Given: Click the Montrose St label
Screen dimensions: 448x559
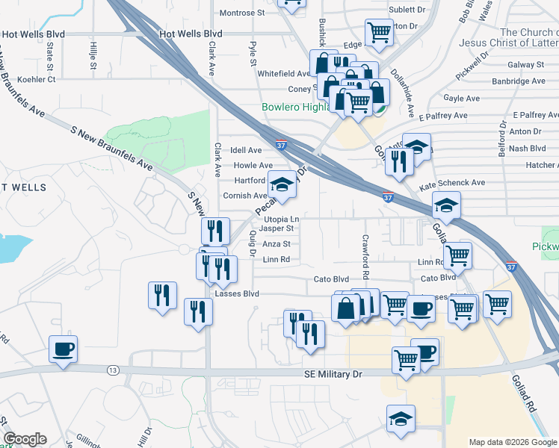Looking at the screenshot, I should pyautogui.click(x=241, y=13).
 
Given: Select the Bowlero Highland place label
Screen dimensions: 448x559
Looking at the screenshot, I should pyautogui.click(x=295, y=108).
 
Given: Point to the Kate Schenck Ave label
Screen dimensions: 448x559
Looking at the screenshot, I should pyautogui.click(x=452, y=182).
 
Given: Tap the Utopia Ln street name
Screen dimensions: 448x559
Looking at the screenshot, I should pyautogui.click(x=280, y=218).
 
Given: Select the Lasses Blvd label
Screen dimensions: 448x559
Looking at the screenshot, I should pyautogui.click(x=236, y=294).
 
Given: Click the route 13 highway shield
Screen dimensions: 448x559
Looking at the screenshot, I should pyautogui.click(x=113, y=370).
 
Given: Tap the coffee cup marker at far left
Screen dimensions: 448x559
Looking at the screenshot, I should pyautogui.click(x=63, y=349).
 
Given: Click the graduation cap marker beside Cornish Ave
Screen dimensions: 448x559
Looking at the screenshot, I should pyautogui.click(x=282, y=185).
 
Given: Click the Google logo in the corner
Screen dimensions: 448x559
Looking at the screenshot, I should pyautogui.click(x=25, y=439).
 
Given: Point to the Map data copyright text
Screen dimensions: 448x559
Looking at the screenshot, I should pyautogui.click(x=513, y=442).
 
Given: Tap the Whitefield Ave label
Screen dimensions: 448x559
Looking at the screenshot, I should pyautogui.click(x=283, y=74).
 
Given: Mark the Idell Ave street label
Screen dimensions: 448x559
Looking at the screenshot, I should pyautogui.click(x=246, y=150).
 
